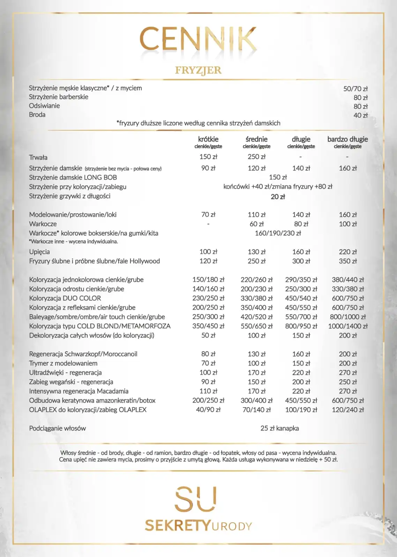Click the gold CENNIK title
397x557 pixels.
198,39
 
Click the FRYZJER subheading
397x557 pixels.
198,70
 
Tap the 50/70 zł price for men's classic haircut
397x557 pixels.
355,89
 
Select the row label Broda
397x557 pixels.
37,115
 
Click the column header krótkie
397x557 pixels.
208,139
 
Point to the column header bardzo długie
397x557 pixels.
347,139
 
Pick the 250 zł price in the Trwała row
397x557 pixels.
256,157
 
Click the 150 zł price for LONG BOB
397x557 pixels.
278,177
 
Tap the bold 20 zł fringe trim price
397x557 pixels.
278,197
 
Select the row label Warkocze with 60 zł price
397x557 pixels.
43,224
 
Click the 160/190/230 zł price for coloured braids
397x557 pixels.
278,233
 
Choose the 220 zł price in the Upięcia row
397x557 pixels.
347,252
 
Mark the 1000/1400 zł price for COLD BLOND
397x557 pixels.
347,326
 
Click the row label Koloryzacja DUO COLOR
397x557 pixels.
65,298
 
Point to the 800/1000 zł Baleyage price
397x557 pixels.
347,317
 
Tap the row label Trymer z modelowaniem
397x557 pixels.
63,363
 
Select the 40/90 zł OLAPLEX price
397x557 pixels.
208,410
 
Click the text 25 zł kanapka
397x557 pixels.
279,428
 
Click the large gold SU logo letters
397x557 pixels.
196,499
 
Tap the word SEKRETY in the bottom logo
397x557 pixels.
178,526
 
